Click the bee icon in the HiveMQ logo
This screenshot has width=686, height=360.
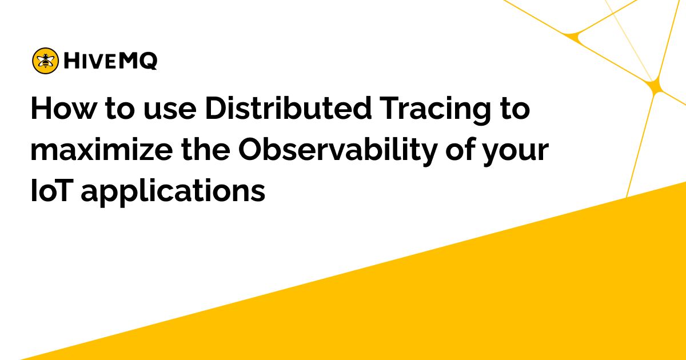(45, 61)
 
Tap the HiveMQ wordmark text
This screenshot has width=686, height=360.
(110, 61)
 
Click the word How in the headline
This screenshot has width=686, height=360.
(63, 109)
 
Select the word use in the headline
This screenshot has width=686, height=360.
(170, 110)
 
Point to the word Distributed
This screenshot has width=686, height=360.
(289, 108)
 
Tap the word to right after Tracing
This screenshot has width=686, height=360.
(514, 109)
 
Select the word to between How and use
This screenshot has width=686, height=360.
(119, 109)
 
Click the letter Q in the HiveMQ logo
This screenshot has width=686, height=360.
(149, 61)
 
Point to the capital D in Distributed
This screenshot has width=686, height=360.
(216, 109)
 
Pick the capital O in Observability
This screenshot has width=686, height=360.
(250, 149)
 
